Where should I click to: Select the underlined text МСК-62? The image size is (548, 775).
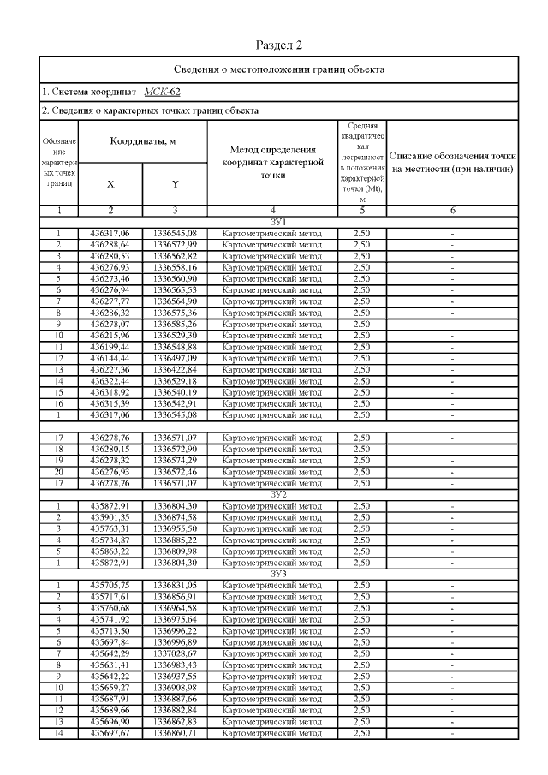coord(162,92)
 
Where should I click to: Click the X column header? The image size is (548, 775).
coord(110,184)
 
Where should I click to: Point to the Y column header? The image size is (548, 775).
coord(175,184)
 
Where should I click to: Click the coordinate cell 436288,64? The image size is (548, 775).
coord(110,244)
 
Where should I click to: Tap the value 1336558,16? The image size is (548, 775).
coord(175,266)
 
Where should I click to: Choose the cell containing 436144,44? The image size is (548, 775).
coord(110,357)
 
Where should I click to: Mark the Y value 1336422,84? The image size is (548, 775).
coord(175,368)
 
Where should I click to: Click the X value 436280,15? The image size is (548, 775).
coord(110,449)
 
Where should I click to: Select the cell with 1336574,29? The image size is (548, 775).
coord(175,460)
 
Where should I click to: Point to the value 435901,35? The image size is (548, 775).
coord(110,517)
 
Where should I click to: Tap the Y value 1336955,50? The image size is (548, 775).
coord(175,528)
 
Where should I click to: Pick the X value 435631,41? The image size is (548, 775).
coord(110,664)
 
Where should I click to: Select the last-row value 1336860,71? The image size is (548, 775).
coord(175,732)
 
